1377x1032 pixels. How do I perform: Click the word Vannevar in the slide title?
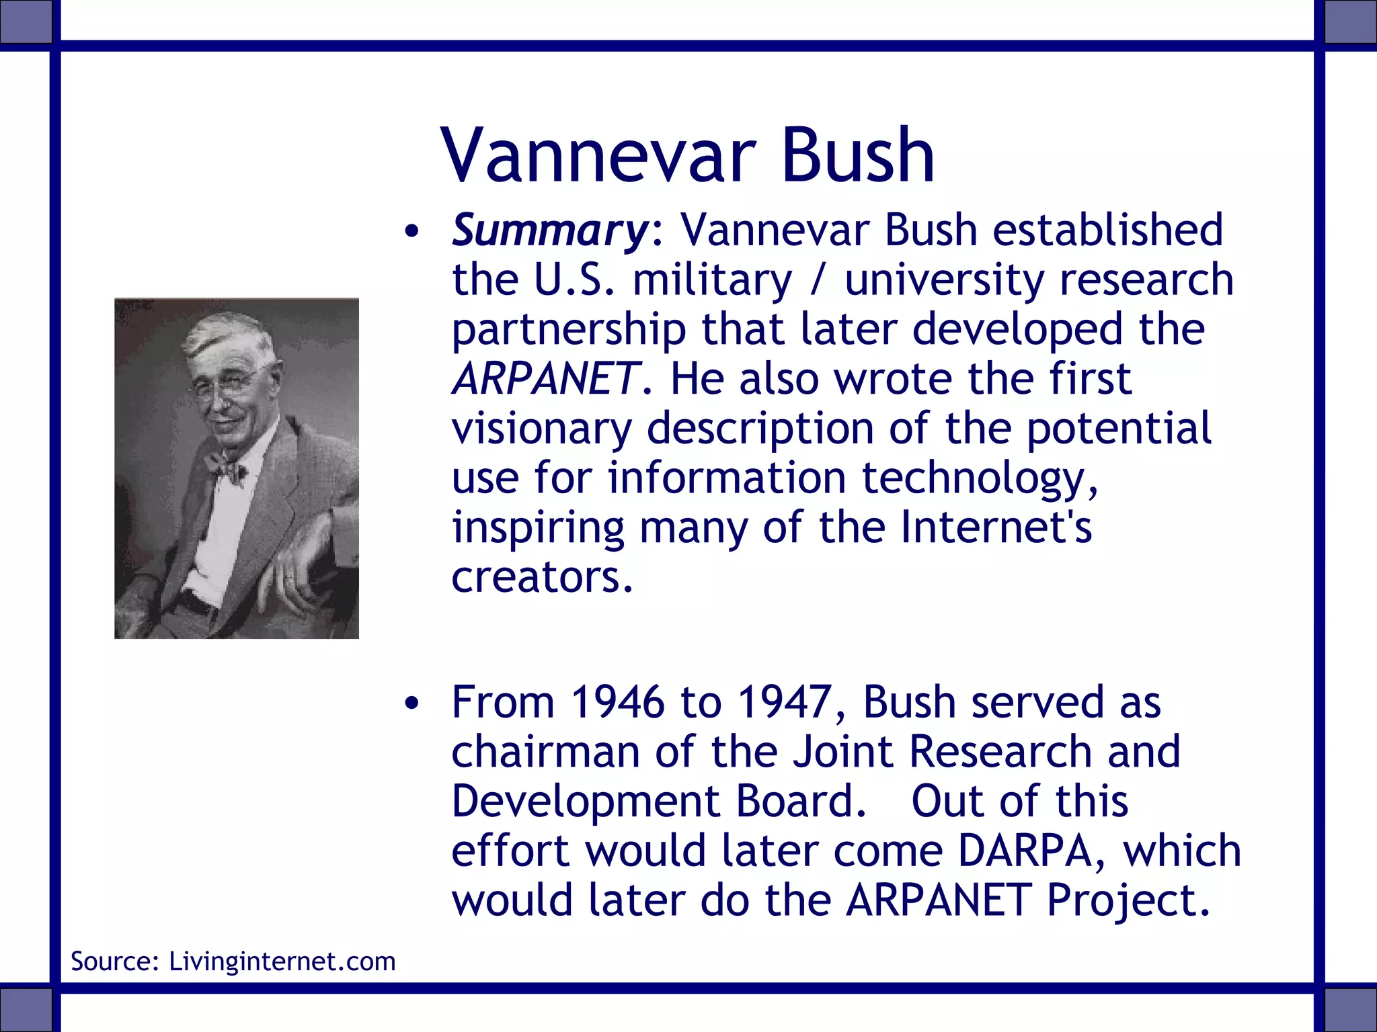[x=598, y=156]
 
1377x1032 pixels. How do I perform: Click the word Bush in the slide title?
[x=857, y=156]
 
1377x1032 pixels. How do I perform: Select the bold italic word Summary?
[x=548, y=230]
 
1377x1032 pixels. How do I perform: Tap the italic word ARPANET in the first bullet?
[x=545, y=379]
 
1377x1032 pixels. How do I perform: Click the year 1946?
[x=617, y=702]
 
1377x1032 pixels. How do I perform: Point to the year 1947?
[x=784, y=702]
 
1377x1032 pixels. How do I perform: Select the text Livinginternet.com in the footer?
[x=282, y=961]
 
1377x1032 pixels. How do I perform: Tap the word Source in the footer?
[x=113, y=961]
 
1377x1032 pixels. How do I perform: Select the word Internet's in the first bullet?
[x=995, y=527]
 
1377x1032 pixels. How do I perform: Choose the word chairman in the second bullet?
[x=545, y=752]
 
